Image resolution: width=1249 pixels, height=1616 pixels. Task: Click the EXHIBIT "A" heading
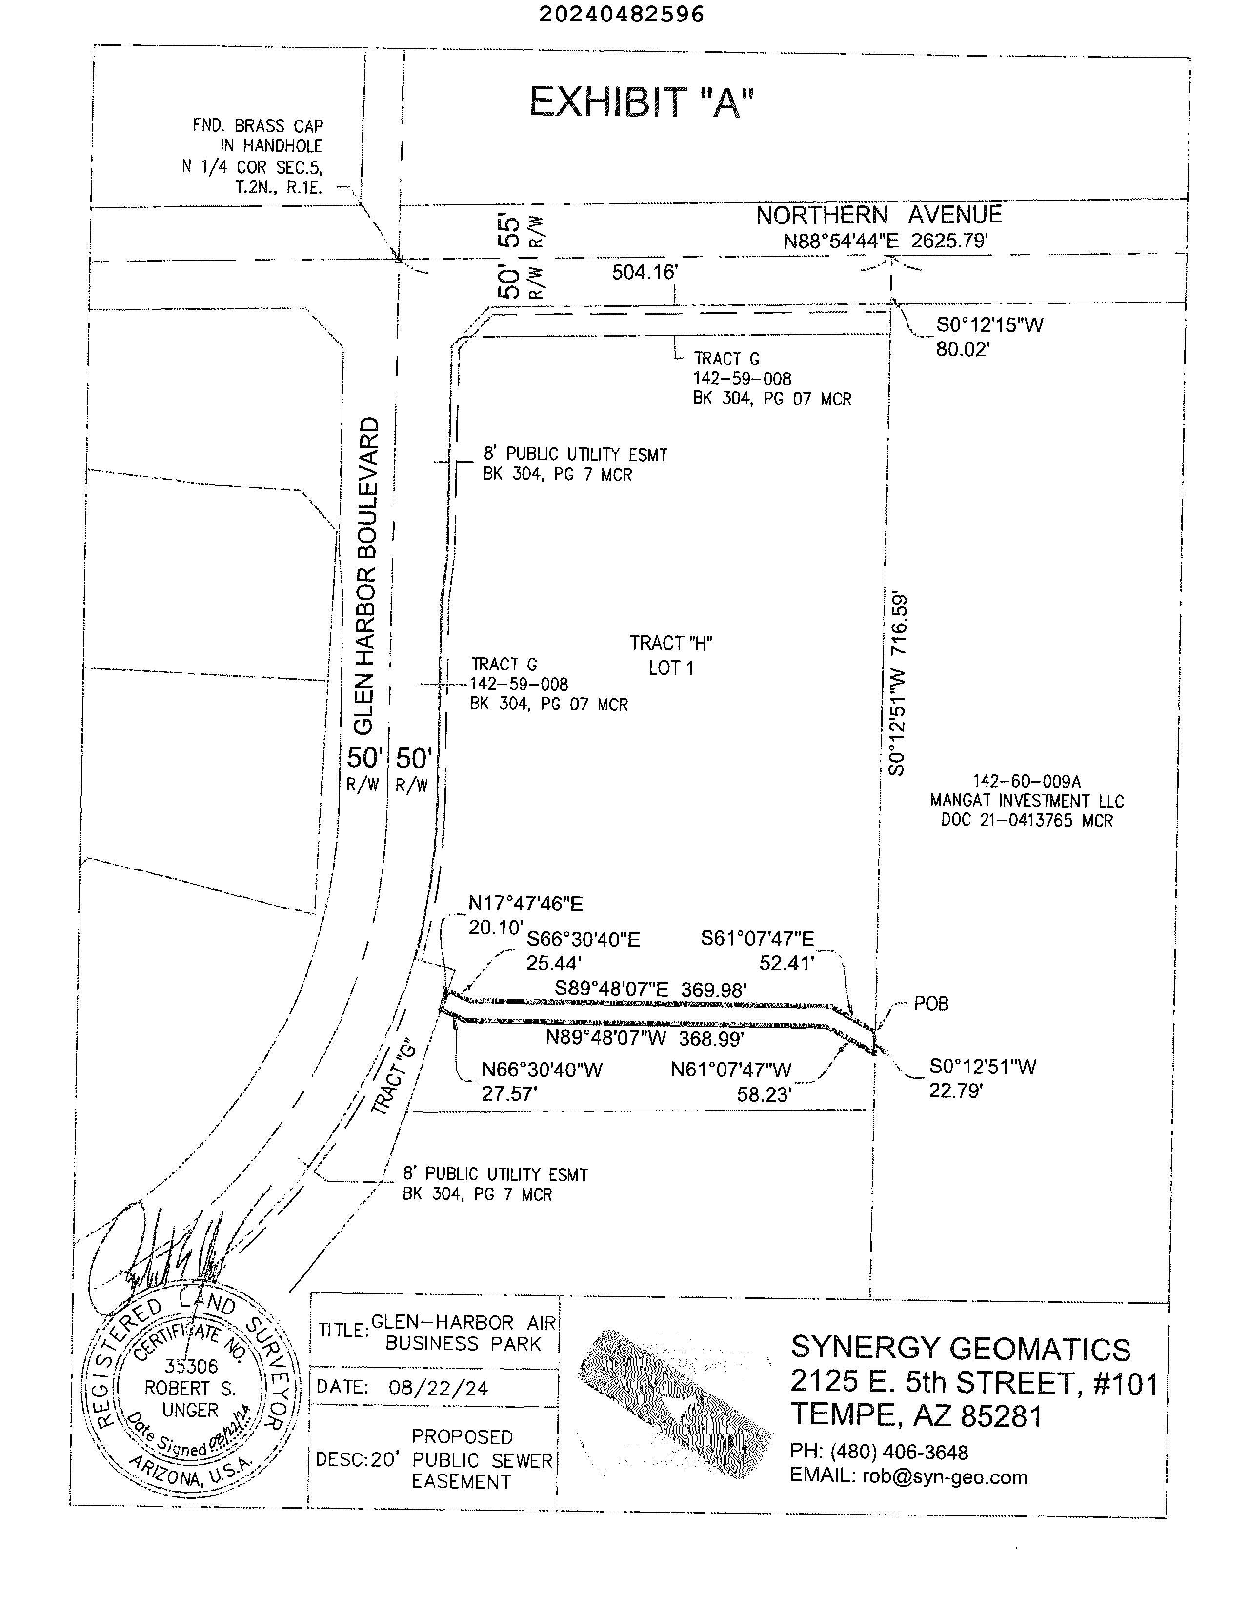[641, 103]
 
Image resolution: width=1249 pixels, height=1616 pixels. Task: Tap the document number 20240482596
[621, 14]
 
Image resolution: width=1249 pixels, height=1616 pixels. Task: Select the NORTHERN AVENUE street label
[878, 215]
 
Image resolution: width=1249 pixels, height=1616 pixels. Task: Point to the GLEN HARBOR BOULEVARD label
[366, 576]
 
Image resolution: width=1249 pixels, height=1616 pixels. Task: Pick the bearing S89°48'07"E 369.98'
[650, 990]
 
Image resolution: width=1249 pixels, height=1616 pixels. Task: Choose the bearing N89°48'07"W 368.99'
[645, 1038]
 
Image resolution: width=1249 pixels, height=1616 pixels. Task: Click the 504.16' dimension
[645, 272]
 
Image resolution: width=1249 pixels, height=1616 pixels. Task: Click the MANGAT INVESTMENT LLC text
[1027, 801]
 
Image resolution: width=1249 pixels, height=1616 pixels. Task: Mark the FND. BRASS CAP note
[258, 126]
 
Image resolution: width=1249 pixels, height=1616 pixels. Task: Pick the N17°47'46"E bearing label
[525, 904]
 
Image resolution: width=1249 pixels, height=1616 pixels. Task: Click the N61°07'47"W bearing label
[731, 1070]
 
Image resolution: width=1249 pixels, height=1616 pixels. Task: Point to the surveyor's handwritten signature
[170, 1254]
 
